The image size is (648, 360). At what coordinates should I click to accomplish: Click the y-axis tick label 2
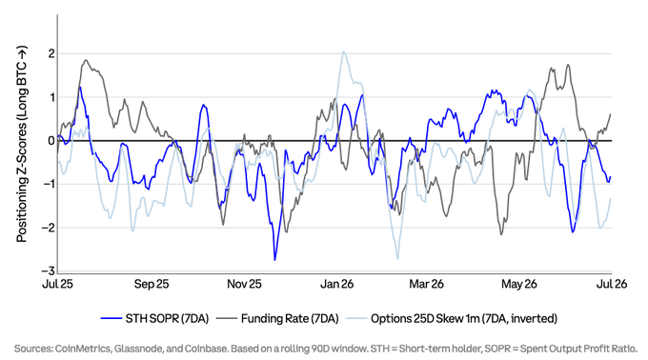point(51,53)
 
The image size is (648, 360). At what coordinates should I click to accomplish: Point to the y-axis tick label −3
point(49,270)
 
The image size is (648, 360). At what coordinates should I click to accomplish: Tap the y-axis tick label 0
point(51,141)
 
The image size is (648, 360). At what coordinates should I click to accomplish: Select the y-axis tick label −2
point(49,228)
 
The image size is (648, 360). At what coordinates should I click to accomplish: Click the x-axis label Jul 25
point(57,284)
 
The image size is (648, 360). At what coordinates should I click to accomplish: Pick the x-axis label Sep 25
point(152,284)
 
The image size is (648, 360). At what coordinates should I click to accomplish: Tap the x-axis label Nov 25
point(244,284)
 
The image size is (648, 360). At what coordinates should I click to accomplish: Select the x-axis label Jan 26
point(336,284)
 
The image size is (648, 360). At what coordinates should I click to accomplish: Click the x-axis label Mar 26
point(426,284)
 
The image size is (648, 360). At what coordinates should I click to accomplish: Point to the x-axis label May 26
point(519,284)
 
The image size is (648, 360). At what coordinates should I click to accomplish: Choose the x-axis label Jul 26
point(612,284)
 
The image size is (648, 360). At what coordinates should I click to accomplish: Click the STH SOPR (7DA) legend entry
point(155,319)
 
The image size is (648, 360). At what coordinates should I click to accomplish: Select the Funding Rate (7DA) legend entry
point(277,319)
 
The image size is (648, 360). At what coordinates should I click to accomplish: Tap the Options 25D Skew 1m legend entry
point(452,319)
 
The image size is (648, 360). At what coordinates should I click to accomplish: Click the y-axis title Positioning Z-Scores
point(22,144)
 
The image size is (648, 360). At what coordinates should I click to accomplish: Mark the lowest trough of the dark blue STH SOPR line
point(274,260)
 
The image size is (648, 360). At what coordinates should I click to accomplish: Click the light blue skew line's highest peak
point(343,51)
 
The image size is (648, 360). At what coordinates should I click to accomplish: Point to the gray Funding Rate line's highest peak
point(86,60)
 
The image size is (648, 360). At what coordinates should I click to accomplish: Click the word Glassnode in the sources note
point(137,349)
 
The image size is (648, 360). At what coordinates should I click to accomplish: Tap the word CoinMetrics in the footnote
point(83,349)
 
